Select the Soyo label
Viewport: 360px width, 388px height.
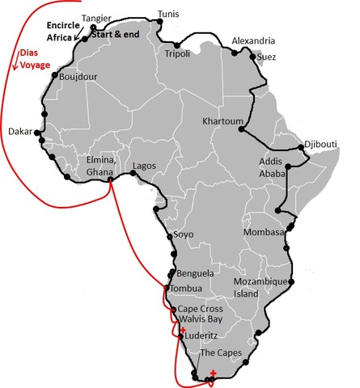point(184,235)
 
